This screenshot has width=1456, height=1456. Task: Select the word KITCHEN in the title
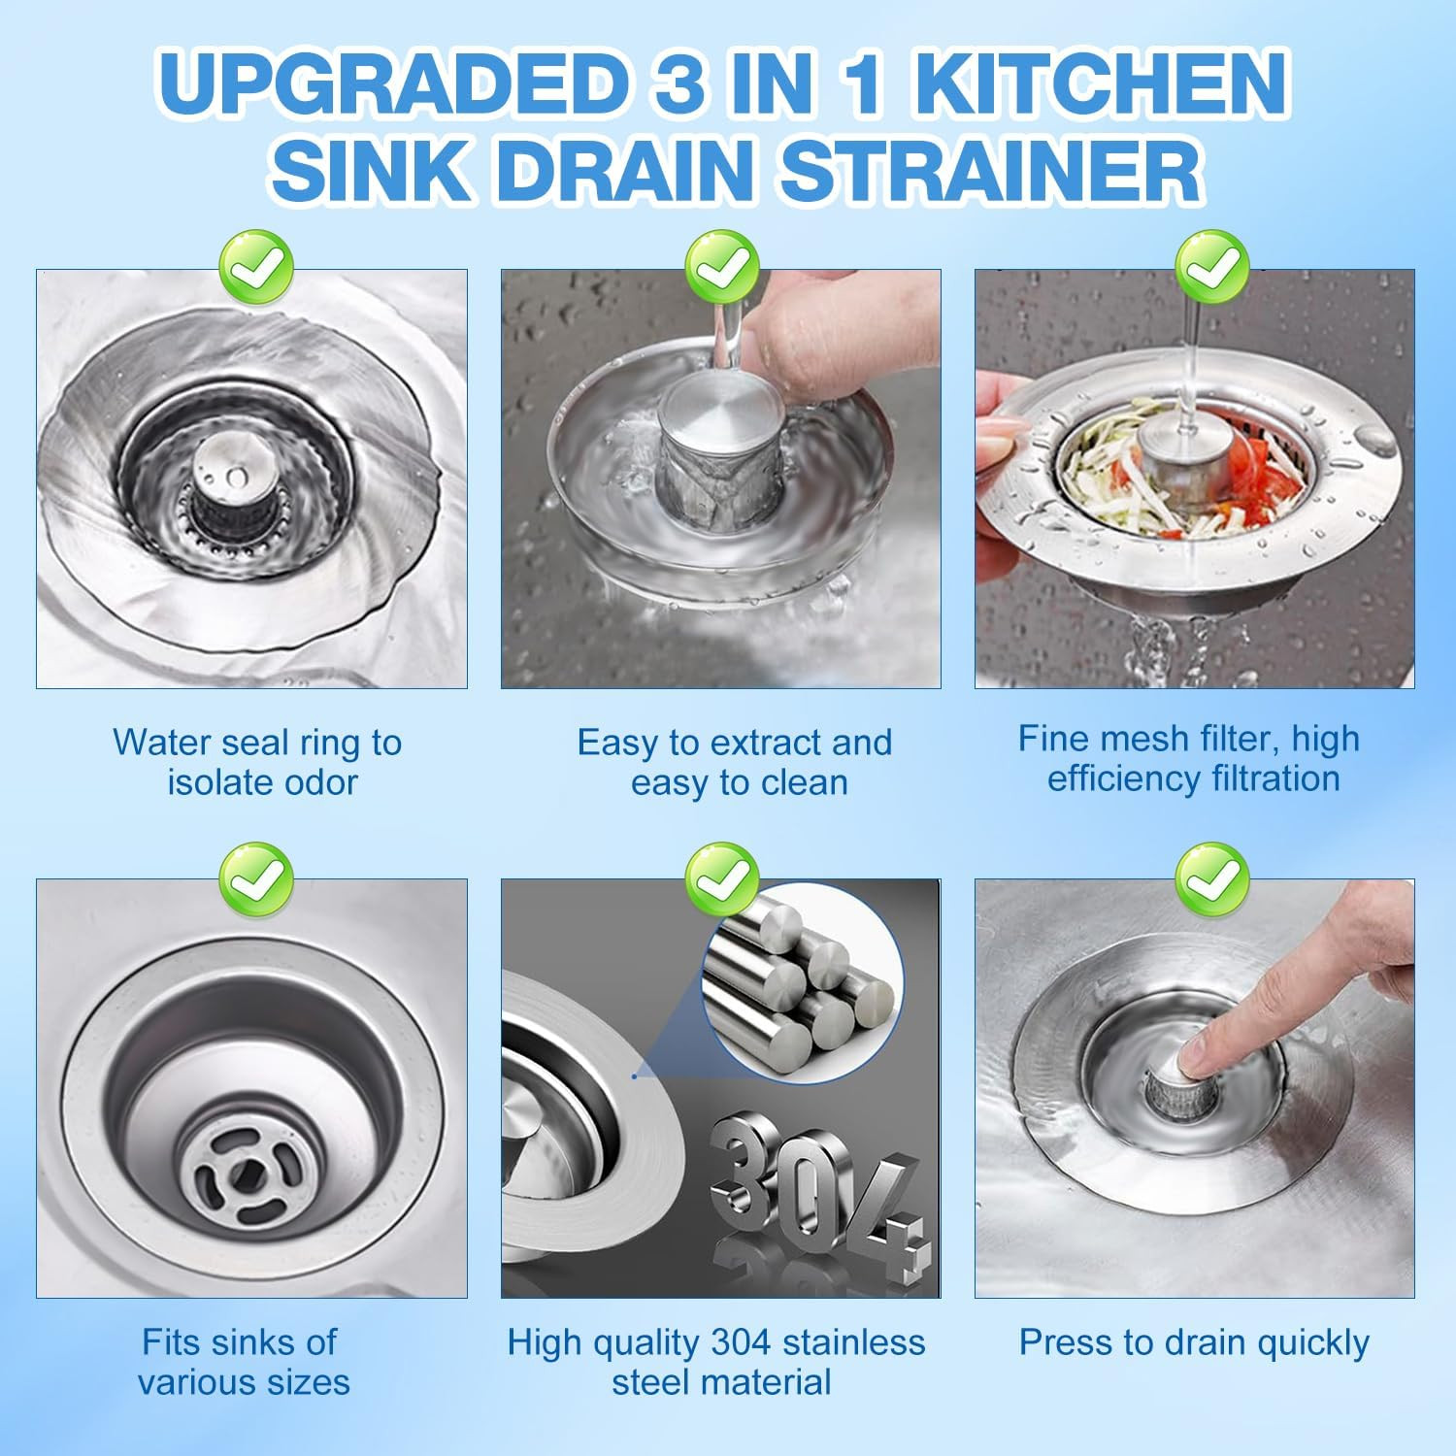point(1101,83)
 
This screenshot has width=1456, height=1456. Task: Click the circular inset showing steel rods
point(803,982)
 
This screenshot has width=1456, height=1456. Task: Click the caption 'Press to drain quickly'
point(1194,1342)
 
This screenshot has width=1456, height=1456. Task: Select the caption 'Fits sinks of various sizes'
point(243,1362)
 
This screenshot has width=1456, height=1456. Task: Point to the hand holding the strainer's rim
point(1000,432)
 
